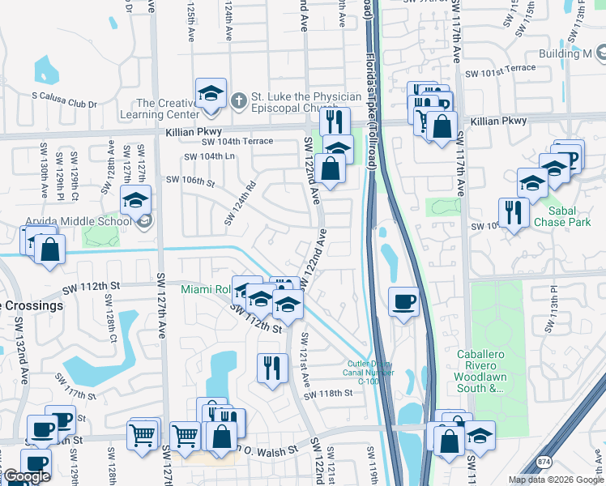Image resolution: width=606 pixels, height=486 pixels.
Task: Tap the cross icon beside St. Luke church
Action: pyautogui.click(x=237, y=101)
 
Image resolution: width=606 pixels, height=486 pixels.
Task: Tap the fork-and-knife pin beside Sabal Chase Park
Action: pyautogui.click(x=514, y=212)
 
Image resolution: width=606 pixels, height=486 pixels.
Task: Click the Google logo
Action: pyautogui.click(x=26, y=476)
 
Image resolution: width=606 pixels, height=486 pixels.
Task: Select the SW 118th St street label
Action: pyautogui.click(x=329, y=393)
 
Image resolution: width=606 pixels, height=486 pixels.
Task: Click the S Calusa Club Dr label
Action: pyautogui.click(x=64, y=104)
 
